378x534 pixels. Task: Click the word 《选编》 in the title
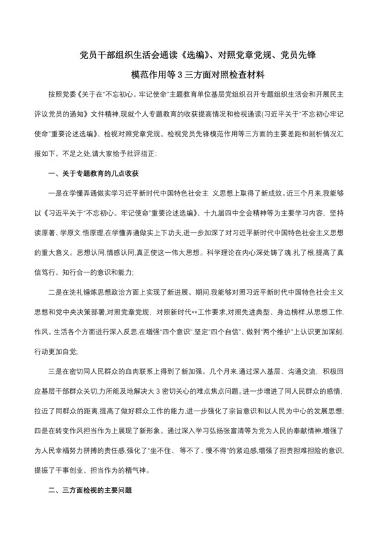click(x=196, y=53)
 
